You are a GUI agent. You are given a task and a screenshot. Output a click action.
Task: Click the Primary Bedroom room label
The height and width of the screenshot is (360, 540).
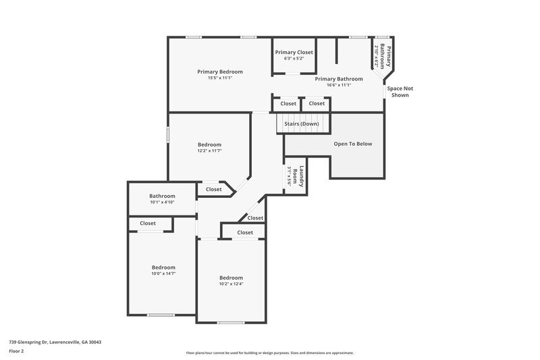(x=220, y=72)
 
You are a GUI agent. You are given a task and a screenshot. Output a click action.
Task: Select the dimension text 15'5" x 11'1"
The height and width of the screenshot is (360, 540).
(x=220, y=78)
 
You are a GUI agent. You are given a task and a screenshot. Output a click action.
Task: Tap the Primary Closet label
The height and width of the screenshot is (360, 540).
(x=294, y=52)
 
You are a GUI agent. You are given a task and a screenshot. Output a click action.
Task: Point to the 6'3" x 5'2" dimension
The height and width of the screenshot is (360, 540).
(x=294, y=58)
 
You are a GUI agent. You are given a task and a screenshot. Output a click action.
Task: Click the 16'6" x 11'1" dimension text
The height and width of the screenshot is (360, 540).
(x=340, y=84)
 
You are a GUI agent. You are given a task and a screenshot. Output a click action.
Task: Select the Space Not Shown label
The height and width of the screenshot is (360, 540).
(x=398, y=92)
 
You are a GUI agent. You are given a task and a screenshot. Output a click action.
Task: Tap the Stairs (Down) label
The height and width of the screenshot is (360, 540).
(x=301, y=124)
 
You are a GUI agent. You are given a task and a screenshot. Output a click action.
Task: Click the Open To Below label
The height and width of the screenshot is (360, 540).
(x=353, y=144)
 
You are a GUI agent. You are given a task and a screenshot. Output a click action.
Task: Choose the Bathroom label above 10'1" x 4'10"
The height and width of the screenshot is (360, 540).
(x=162, y=196)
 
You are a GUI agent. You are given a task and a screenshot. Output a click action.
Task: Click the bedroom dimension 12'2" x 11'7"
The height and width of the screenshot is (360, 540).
(x=209, y=151)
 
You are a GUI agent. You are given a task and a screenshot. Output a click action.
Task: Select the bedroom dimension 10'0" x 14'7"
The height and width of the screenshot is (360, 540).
(x=163, y=274)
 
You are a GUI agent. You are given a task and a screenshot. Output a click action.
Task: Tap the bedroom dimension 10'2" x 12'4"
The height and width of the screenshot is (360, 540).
(x=231, y=284)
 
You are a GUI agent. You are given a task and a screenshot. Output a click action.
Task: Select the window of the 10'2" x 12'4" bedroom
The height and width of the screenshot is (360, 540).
(x=230, y=322)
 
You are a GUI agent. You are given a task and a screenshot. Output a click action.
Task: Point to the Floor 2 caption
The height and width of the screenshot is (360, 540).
(x=16, y=351)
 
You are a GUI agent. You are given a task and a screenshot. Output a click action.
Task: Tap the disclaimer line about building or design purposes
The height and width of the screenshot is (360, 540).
(x=270, y=353)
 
